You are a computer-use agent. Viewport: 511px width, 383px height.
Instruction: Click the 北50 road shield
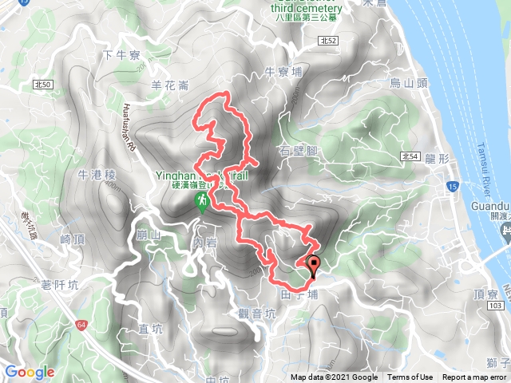point(43,83)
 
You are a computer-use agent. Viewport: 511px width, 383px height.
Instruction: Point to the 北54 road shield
point(410,156)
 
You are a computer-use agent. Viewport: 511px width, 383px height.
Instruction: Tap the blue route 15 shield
point(452,187)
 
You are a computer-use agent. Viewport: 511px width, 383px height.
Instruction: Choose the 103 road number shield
point(494,306)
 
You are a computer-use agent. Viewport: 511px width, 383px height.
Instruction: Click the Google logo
point(29,372)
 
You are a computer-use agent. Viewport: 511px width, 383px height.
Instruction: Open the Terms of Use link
point(410,377)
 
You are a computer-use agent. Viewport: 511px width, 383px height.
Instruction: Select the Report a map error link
point(474,377)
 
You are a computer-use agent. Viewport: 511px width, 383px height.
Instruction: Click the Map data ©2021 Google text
point(334,377)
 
